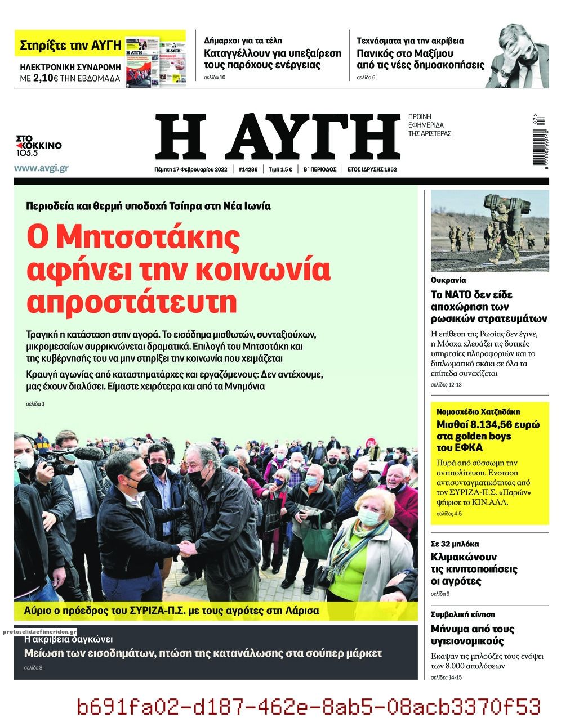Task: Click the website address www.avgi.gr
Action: tap(41, 168)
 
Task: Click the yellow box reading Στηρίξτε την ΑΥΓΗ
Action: tap(70, 46)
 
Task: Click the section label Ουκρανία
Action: tap(448, 280)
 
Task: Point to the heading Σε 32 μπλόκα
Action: tap(455, 544)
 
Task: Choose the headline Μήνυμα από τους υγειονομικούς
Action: tap(472, 635)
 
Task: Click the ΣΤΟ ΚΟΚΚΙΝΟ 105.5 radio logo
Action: tap(38, 146)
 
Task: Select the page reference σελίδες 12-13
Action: tap(446, 384)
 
